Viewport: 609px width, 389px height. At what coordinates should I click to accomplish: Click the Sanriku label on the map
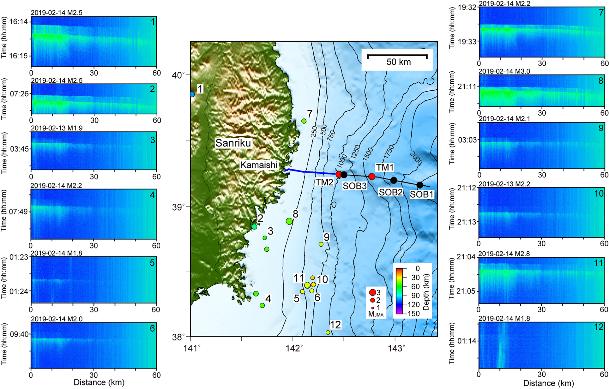point(233,143)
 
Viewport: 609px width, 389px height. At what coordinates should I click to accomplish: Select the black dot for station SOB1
point(420,185)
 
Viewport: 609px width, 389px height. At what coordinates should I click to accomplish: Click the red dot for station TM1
point(372,176)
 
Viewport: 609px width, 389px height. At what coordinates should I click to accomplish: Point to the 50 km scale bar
point(397,56)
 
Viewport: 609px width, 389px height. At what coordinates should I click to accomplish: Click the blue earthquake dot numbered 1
point(192,94)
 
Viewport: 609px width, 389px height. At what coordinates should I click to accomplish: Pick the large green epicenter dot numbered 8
point(289,221)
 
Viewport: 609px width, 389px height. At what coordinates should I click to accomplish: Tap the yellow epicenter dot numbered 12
point(328,332)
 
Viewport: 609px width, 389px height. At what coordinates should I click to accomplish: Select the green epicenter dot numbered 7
point(304,121)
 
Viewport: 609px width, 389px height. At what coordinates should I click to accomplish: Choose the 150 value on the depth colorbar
point(414,314)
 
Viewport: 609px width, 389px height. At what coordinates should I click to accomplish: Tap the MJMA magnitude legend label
point(376,314)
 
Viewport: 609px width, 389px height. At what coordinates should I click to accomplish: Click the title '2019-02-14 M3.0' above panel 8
point(504,71)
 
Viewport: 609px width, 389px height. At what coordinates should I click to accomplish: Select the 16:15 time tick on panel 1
point(19,56)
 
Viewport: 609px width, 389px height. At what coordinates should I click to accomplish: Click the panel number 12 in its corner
point(599,327)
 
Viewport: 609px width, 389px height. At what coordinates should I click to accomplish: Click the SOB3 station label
point(354,186)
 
